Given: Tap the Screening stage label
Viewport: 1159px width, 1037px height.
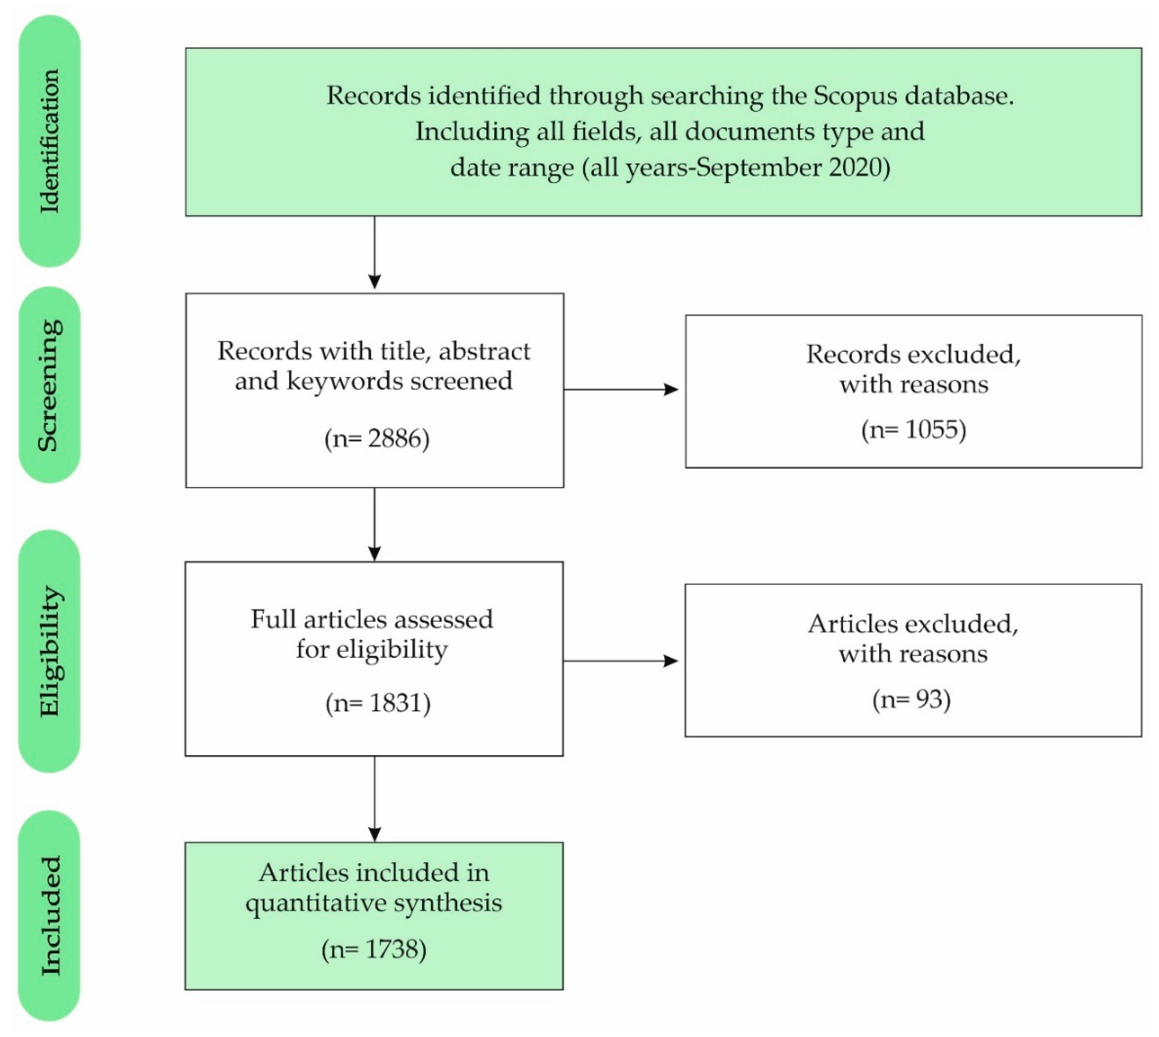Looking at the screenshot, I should coord(49,385).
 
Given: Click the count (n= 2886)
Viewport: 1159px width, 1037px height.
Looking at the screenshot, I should coord(377,439).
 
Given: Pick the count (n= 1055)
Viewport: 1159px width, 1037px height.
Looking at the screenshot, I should coord(913,430).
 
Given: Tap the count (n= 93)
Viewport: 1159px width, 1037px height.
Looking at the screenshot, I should coord(912,699).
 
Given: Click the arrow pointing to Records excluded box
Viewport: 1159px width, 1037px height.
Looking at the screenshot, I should coord(621,390).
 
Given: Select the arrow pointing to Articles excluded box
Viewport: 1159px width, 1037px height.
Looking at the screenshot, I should coord(621,661).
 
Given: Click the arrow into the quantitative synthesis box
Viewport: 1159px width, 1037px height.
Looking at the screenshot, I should coord(374,799).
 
